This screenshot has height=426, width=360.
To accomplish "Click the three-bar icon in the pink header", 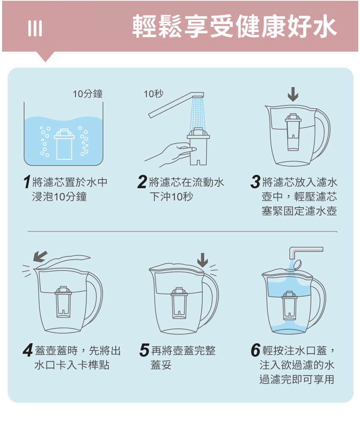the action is tap(35, 29).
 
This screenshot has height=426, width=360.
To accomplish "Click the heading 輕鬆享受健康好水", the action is tap(234, 26).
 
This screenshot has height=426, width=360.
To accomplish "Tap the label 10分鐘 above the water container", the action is tap(87, 94).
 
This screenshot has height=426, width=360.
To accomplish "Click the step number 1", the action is tap(26, 182).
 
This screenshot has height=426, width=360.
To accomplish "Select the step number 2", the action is tap(142, 182).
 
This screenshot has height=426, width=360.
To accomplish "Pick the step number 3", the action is tap(255, 182).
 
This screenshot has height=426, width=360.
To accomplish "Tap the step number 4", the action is tap(28, 350).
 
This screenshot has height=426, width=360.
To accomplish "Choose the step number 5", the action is tap(144, 350).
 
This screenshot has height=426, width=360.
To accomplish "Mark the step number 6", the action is tap(256, 350).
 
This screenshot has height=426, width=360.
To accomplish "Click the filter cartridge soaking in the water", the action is tap(64, 144).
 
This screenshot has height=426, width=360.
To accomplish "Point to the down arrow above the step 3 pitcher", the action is tap(293, 94).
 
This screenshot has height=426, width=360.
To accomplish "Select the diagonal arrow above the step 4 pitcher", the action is tap(40, 256).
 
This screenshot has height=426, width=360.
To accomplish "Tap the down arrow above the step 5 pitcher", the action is tap(202, 260).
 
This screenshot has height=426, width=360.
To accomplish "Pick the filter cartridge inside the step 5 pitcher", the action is tap(179, 303).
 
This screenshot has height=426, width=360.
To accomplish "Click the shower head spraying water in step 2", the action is tap(198, 95).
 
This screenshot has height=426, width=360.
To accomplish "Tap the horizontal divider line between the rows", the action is tap(182, 232).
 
